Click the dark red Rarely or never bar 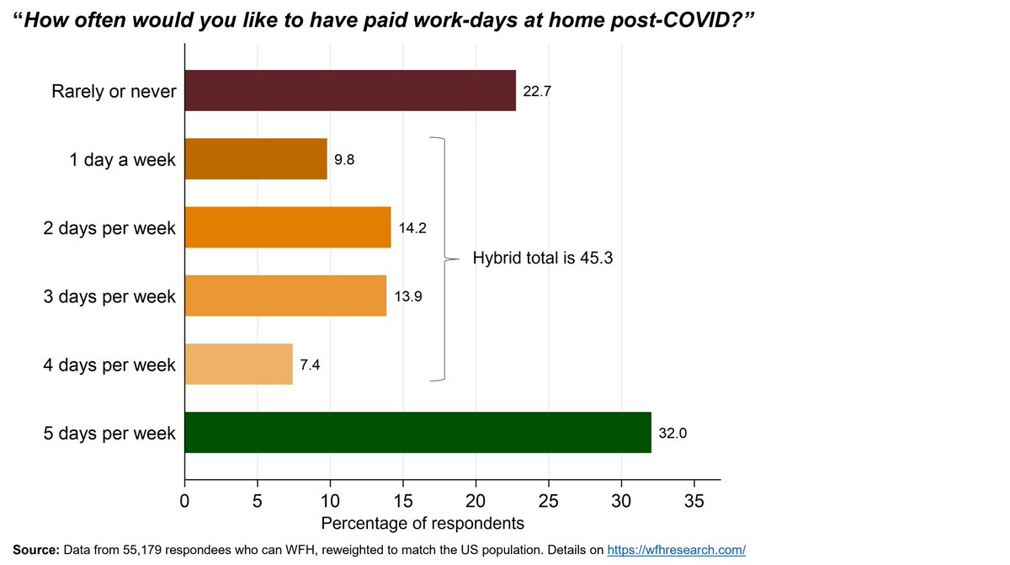point(349,91)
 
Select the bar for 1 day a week point(255,159)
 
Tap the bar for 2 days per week point(287,227)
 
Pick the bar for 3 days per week point(284,296)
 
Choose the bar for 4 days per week point(238,365)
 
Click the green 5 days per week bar point(417,433)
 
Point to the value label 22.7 point(537,91)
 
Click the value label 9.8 point(344,159)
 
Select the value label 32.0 point(672,434)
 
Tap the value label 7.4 point(310,365)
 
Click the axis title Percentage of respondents point(423,523)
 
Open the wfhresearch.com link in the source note point(677,550)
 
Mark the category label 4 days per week point(109,365)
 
